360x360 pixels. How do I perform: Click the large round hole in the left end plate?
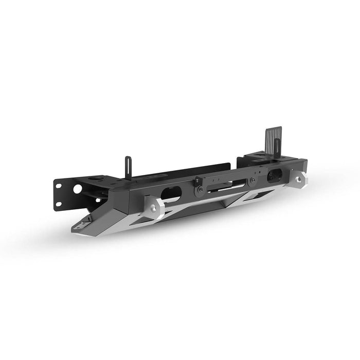[x=77, y=189]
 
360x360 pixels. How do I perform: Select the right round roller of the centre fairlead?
[x=252, y=182]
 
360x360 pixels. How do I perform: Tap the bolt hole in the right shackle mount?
[x=300, y=177]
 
